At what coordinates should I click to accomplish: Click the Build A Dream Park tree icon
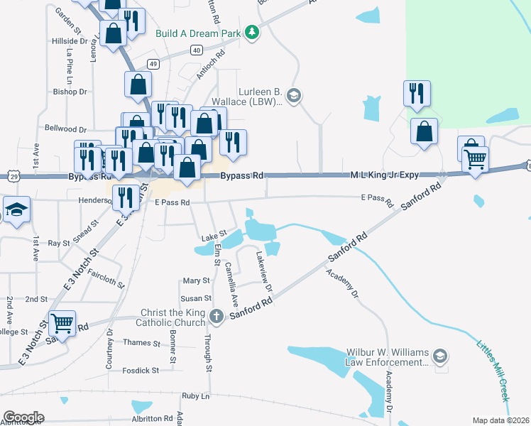tap(251, 32)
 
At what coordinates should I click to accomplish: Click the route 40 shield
tap(197, 50)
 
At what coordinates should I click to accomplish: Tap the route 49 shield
tap(153, 64)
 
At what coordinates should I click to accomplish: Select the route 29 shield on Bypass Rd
tap(14, 175)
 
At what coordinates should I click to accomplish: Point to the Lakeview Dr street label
tap(264, 271)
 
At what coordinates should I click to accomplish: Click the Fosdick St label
tap(140, 370)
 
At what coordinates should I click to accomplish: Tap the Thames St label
tap(142, 343)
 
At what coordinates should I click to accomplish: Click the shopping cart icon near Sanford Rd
tap(62, 324)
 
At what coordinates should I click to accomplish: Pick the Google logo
tap(23, 417)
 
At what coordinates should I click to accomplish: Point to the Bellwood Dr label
tap(65, 129)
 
